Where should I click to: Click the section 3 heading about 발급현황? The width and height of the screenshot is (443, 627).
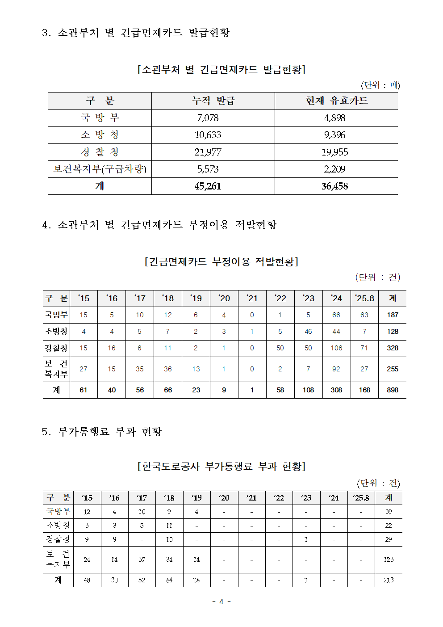pyautogui.click(x=136, y=33)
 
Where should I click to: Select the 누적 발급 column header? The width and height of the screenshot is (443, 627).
pyautogui.click(x=213, y=101)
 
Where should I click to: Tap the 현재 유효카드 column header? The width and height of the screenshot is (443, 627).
pyautogui.click(x=336, y=101)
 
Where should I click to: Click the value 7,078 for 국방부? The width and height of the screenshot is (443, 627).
pyautogui.click(x=208, y=118)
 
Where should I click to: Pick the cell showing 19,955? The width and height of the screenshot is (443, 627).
pyautogui.click(x=334, y=152)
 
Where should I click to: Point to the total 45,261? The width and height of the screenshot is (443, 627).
pyautogui.click(x=208, y=186)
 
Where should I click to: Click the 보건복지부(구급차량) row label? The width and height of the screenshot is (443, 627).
pyautogui.click(x=100, y=169)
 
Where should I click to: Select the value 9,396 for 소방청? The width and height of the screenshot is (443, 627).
pyautogui.click(x=334, y=135)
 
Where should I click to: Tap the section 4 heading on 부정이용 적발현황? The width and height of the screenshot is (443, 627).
pyautogui.click(x=159, y=225)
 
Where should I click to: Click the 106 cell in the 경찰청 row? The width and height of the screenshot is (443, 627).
pyautogui.click(x=336, y=348)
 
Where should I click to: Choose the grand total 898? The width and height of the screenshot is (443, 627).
pyautogui.click(x=393, y=390)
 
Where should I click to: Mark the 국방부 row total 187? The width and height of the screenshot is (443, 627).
pyautogui.click(x=393, y=315)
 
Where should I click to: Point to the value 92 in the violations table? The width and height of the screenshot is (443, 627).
pyautogui.click(x=336, y=369)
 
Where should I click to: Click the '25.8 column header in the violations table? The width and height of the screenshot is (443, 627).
pyautogui.click(x=364, y=298)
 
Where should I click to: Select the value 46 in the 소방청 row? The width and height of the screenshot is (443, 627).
pyautogui.click(x=308, y=332)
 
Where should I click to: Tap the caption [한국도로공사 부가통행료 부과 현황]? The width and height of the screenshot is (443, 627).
pyautogui.click(x=221, y=467)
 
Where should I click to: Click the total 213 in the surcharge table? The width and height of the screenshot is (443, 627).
pyautogui.click(x=389, y=580)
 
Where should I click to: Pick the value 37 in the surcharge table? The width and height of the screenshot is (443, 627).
pyautogui.click(x=142, y=560)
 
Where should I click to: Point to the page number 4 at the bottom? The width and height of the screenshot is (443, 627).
pyautogui.click(x=221, y=602)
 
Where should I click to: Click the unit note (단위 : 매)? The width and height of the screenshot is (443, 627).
pyautogui.click(x=380, y=85)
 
